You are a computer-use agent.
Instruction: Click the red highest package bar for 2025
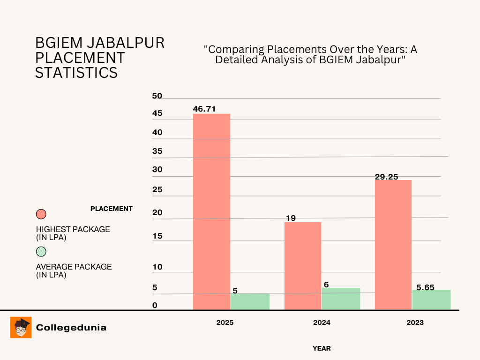(x=211, y=211)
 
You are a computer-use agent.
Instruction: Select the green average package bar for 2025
(x=250, y=301)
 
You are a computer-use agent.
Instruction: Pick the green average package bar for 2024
(x=341, y=299)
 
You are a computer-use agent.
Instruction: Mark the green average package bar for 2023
(x=431, y=300)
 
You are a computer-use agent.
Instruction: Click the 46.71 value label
(x=204, y=109)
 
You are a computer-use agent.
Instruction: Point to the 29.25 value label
(x=387, y=177)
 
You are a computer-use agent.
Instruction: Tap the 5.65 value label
(x=426, y=287)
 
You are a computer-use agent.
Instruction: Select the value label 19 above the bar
(x=291, y=218)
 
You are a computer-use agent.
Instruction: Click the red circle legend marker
(x=41, y=214)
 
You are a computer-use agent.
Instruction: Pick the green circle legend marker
(x=41, y=251)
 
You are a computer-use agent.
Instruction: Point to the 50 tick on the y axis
(x=157, y=96)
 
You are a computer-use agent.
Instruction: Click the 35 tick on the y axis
(x=157, y=151)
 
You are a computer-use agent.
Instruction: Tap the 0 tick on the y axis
(x=155, y=306)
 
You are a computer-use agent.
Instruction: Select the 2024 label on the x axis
(x=322, y=322)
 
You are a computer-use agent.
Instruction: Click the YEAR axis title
(x=322, y=348)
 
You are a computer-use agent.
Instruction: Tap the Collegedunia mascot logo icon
(x=21, y=327)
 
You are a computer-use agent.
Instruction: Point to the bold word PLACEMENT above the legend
(x=112, y=209)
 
